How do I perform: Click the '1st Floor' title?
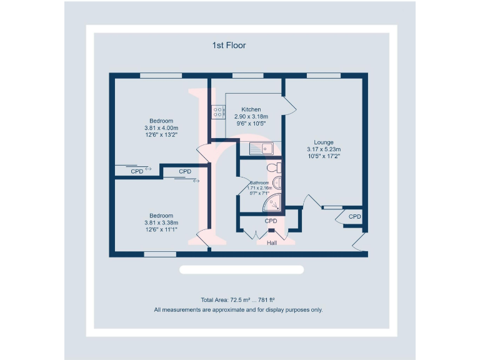(x=229, y=45)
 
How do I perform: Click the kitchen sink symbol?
(x=261, y=148)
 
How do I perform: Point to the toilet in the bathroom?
(x=274, y=167)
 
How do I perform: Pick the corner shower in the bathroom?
(x=273, y=202)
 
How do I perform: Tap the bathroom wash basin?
(x=278, y=182)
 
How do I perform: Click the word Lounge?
(x=324, y=142)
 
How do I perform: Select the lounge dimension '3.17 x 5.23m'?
(x=324, y=149)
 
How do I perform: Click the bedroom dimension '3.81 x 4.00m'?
(x=161, y=128)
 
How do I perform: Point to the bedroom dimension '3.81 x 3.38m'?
(x=161, y=222)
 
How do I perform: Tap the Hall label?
(x=272, y=243)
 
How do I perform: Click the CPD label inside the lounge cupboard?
(x=354, y=217)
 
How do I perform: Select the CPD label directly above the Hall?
(x=271, y=221)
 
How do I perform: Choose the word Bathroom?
(x=259, y=182)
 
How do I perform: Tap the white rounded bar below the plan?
(x=241, y=270)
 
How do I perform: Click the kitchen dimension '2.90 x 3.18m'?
(x=251, y=117)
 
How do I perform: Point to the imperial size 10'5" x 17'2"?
(x=324, y=157)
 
